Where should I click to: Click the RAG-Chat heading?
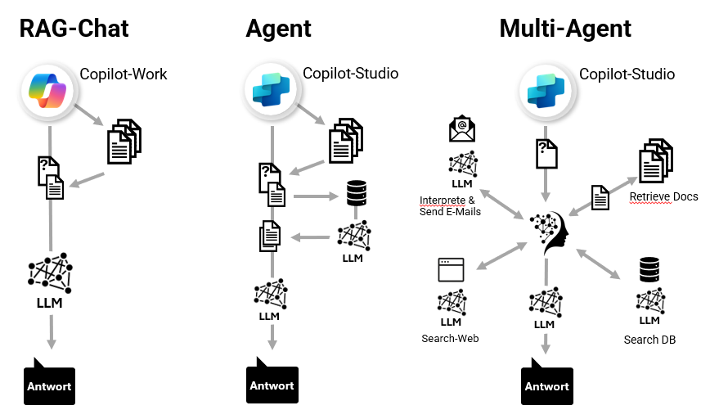74,28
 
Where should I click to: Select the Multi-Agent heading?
565,28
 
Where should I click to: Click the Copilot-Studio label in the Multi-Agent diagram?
627,74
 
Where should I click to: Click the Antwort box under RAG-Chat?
50,385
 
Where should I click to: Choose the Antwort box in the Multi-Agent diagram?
547,385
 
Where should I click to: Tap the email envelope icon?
462,128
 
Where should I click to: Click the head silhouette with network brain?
549,232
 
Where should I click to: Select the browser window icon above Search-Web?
451,270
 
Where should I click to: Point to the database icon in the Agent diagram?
356,194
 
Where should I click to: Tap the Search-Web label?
450,338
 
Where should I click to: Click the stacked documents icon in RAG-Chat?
124,140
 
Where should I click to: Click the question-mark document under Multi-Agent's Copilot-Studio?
546,153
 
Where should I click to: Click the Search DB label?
649,340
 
